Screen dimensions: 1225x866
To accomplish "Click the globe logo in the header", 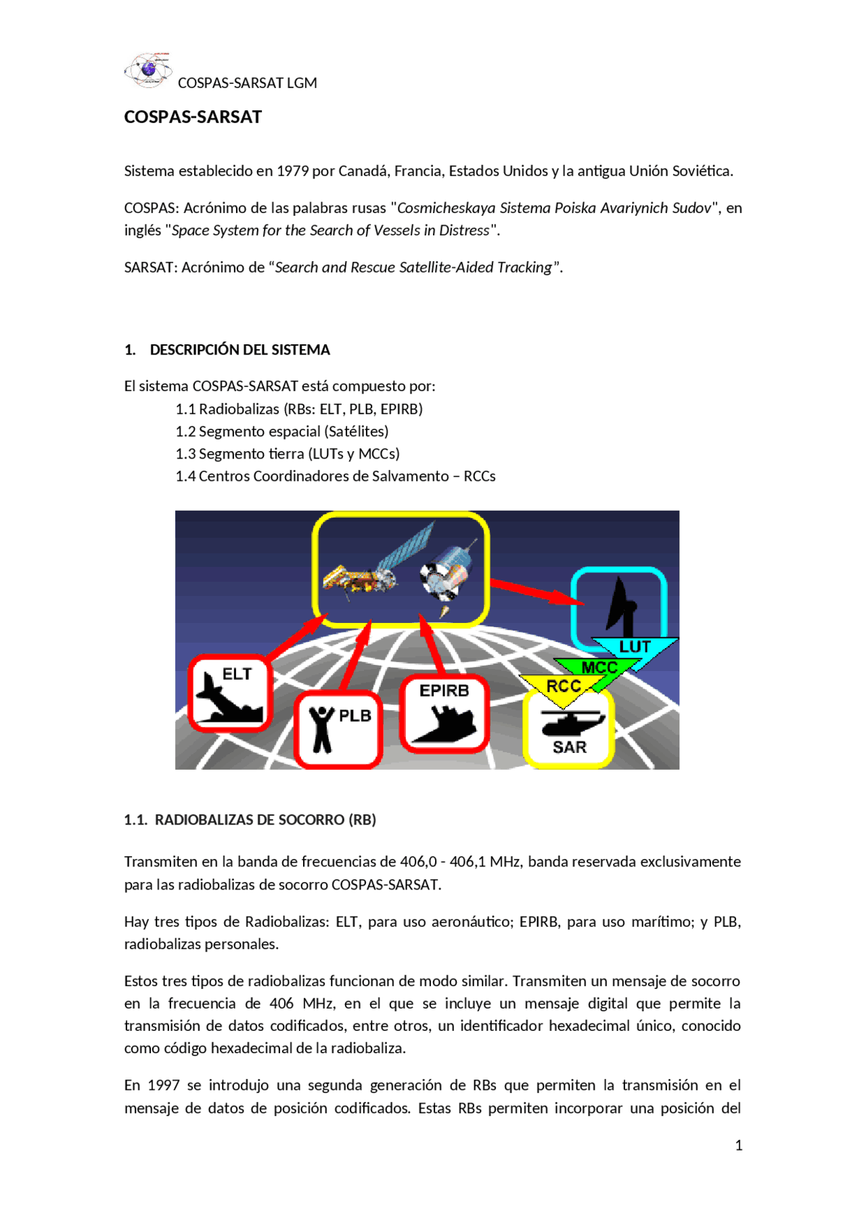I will pos(147,70).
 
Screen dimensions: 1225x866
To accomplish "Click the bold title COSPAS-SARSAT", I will pos(193,117).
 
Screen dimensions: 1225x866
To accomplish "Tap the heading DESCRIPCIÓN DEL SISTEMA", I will pos(240,350).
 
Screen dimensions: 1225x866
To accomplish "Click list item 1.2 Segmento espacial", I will pos(281,432).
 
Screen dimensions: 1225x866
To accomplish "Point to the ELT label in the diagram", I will pos(237,674).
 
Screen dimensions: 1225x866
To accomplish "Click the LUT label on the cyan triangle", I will pos(634,647).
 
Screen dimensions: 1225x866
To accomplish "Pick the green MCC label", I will pos(599,668).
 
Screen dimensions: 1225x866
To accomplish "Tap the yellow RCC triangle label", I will pos(563,686).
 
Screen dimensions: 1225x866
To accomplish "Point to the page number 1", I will pos(738,1145).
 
